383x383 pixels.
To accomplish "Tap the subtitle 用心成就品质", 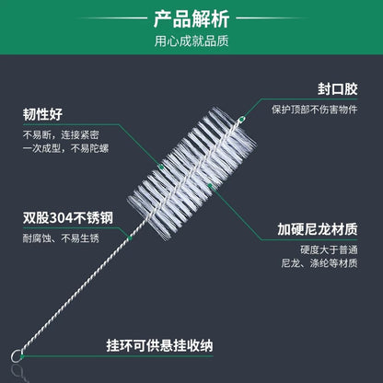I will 191,41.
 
